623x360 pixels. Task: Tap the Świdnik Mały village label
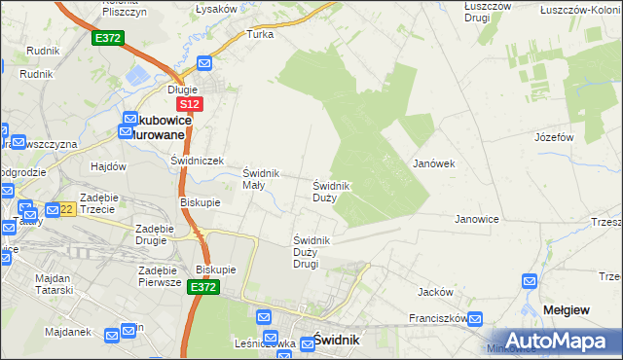coord(260,179)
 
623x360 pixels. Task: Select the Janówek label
coord(434,163)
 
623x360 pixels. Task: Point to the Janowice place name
coord(477,219)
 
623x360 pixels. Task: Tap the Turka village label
coord(261,34)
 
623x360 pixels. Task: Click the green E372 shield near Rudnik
coord(107,38)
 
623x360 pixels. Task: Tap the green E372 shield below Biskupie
coord(203,288)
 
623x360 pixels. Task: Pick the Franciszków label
coord(435,317)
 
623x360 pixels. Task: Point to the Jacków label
coord(435,292)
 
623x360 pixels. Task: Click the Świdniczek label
coord(198,161)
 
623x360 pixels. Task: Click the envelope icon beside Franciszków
coord(475,317)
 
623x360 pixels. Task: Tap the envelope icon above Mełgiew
coord(530,282)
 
